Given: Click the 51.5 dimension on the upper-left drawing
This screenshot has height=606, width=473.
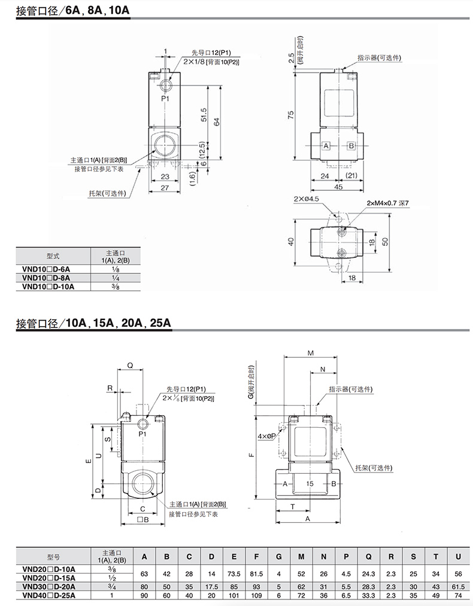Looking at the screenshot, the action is (x=204, y=115).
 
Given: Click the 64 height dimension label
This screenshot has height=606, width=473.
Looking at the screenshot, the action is (x=217, y=121).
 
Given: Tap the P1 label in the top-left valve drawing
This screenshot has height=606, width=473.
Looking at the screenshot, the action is (x=165, y=99).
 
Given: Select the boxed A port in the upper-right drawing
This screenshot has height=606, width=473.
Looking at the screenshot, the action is (x=326, y=146).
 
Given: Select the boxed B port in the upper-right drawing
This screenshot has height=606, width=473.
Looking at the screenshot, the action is (x=351, y=146).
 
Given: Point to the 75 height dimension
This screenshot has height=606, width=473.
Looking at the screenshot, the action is (x=291, y=115).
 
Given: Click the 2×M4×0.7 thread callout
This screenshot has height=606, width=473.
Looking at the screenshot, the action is (x=387, y=203).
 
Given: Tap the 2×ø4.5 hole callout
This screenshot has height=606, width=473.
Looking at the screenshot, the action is (x=306, y=199).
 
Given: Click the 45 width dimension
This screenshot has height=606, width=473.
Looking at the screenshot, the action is (x=338, y=187).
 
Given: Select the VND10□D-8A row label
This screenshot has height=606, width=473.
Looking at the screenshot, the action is (x=46, y=278).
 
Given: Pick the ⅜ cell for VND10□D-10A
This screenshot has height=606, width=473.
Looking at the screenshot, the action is (x=115, y=287).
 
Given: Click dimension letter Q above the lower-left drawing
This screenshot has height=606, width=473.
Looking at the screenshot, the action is (x=131, y=366).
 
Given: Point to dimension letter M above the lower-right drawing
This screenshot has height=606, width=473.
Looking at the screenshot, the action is (x=310, y=353).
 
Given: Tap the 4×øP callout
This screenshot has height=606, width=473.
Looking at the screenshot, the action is (x=266, y=436).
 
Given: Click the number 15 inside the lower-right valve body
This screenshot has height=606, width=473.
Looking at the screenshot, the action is (x=310, y=483).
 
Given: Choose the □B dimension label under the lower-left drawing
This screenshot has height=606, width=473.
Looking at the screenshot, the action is (x=142, y=520).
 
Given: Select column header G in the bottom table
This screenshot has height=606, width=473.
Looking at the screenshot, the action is (x=279, y=557).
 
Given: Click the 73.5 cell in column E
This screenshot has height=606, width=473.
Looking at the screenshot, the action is (x=234, y=574).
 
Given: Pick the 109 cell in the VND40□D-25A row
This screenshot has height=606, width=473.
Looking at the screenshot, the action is (x=256, y=596).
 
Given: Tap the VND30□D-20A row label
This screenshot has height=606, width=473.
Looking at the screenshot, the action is (x=48, y=587).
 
